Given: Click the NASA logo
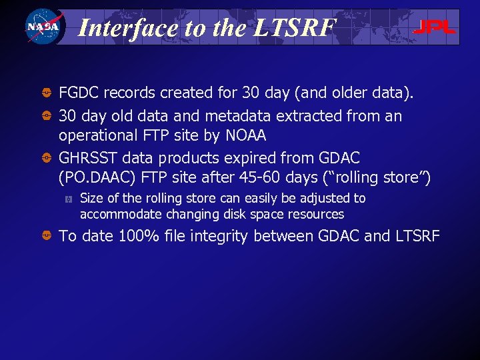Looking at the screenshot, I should point(43,27).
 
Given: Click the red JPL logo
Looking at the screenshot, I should point(434,27).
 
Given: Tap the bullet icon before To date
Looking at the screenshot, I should point(47,236).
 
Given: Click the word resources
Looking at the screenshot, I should point(319,215).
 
